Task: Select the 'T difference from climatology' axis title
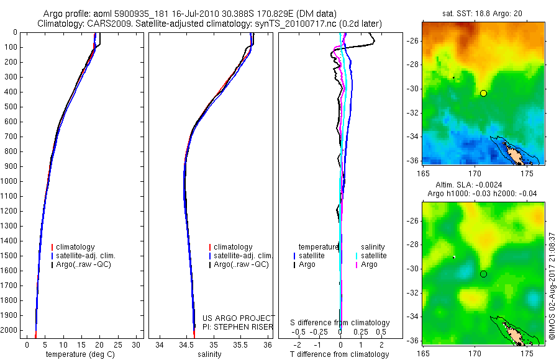pyautogui.click(x=339, y=354)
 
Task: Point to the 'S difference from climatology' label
pyautogui.click(x=340, y=323)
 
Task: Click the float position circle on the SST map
pyautogui.click(x=483, y=93)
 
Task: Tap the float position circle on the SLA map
pyautogui.click(x=483, y=274)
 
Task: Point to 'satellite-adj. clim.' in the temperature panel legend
pyautogui.click(x=86, y=256)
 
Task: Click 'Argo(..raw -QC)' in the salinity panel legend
pyautogui.click(x=241, y=264)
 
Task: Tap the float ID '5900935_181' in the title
pyautogui.click(x=136, y=14)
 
